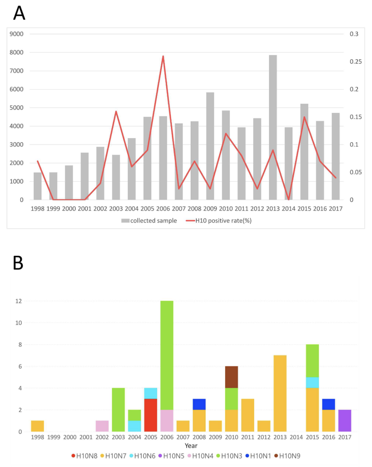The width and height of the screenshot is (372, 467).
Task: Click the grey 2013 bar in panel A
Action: [273, 128]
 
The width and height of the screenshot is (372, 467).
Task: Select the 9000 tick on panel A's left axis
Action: [17, 34]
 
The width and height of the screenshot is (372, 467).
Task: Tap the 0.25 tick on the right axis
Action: [355, 62]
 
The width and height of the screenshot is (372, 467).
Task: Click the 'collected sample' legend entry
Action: [149, 221]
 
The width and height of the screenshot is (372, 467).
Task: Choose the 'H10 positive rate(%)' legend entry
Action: [219, 221]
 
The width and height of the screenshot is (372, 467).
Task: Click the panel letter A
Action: [19, 13]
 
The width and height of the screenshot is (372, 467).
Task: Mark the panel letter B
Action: [18, 263]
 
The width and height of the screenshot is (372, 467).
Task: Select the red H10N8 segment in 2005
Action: [151, 415]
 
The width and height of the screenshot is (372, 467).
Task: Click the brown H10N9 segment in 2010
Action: [231, 377]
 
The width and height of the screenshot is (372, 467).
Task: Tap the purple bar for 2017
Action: [344, 420]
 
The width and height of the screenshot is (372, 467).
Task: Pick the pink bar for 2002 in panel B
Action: [102, 426]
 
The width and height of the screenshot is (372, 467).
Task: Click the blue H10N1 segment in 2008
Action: [199, 404]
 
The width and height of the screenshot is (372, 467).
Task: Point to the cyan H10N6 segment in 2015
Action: [312, 383]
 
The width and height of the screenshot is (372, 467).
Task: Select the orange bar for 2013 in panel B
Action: [280, 393]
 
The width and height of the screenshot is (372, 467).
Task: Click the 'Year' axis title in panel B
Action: [191, 446]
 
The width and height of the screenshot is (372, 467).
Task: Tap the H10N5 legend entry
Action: [171, 456]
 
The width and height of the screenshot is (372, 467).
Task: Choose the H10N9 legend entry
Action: [287, 456]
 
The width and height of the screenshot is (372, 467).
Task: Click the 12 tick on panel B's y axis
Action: [19, 301]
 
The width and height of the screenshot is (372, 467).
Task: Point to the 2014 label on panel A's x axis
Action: [289, 209]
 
